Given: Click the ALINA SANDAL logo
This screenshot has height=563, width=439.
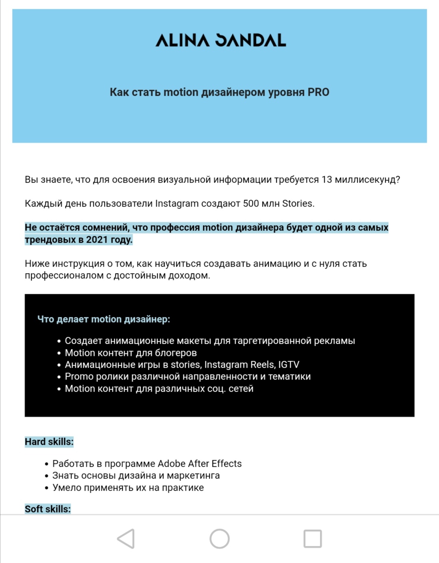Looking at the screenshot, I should coord(221,40).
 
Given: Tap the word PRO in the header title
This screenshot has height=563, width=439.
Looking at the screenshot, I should coord(318,93).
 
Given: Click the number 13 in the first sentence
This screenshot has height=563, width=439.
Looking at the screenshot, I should coord(327,180).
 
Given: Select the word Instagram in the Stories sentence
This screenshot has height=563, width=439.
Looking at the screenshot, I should coord(177,204).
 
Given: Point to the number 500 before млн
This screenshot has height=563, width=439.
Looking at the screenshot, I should coord(251,204).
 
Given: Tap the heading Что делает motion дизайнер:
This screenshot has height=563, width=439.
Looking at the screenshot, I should coord(104,319).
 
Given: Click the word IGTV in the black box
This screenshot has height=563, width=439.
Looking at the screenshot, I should coord(289,365).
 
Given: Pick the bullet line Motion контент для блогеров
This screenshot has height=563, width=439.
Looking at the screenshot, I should coord(131,353).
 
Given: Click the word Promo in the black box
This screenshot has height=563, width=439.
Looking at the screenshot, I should coord(79,377).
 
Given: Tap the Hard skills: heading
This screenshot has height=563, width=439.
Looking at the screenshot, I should coord(49,442).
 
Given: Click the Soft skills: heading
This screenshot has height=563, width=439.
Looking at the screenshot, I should coord(48,509).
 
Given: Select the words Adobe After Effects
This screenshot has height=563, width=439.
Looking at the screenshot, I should coord(200,464).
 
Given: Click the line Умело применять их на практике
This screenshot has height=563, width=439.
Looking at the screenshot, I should coord(128,488).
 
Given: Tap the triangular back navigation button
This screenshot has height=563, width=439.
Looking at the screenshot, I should coord(126,539).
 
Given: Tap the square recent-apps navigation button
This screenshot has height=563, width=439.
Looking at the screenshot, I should coord(313,539).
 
